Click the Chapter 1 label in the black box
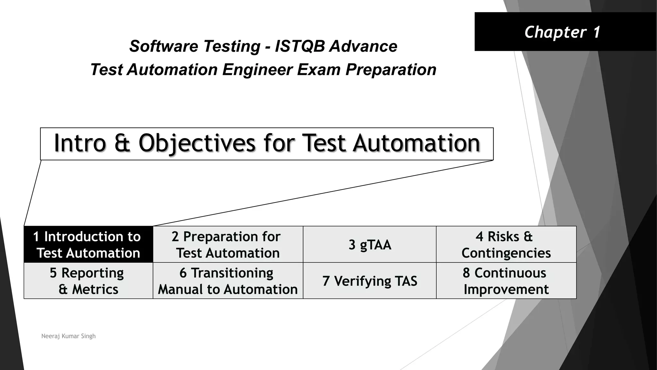pos(562,32)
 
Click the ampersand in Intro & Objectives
pos(122,143)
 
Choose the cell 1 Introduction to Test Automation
pos(88,244)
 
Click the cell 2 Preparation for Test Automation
pos(228,244)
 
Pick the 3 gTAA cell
pos(370,245)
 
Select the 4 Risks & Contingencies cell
pos(506,244)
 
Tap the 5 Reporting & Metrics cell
pos(88,281)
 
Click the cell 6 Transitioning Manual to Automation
pos(228,281)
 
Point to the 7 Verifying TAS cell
pos(370,281)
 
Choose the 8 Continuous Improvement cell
pos(506,281)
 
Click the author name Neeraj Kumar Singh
pos(68,336)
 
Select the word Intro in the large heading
pos(80,143)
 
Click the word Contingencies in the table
pos(506,253)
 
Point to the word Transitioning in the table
pos(232,273)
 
